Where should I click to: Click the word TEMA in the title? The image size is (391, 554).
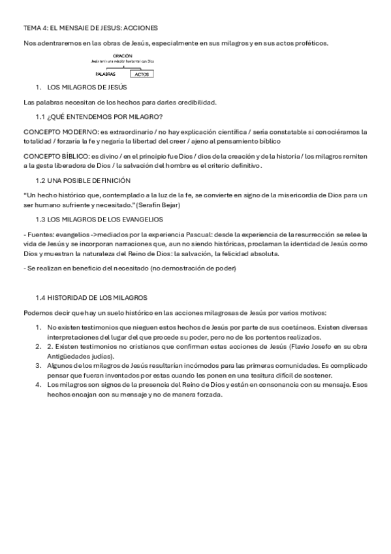pos(32,28)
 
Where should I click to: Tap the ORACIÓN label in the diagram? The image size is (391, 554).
pos(122,56)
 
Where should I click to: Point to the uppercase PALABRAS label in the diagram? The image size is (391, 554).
pos(106,74)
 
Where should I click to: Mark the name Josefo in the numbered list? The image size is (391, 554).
pos(304,346)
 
